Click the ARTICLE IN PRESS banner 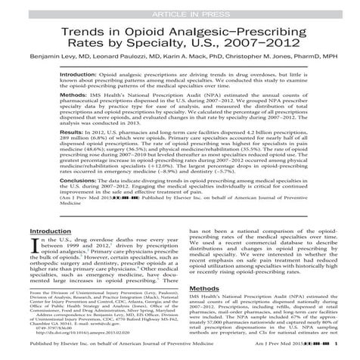pos(179,7)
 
